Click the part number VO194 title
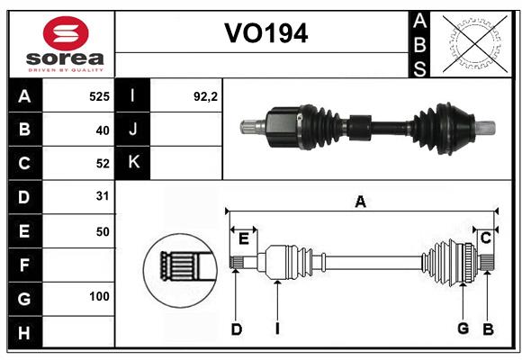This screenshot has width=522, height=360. (265, 34)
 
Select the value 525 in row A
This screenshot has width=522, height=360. (99, 95)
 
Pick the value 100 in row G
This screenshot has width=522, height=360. (99, 297)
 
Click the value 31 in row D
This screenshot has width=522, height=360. (102, 196)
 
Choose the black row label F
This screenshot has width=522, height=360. (24, 265)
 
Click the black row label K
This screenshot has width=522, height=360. (134, 163)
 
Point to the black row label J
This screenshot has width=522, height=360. (134, 130)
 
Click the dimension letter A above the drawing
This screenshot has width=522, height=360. (360, 202)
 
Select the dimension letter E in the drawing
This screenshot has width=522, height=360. (243, 238)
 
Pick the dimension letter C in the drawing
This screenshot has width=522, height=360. (485, 238)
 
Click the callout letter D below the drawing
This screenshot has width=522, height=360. (236, 329)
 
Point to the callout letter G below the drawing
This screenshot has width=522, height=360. (463, 328)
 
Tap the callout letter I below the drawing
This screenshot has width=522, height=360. (277, 329)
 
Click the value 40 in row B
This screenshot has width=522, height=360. (102, 130)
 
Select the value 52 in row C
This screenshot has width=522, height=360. (102, 163)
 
